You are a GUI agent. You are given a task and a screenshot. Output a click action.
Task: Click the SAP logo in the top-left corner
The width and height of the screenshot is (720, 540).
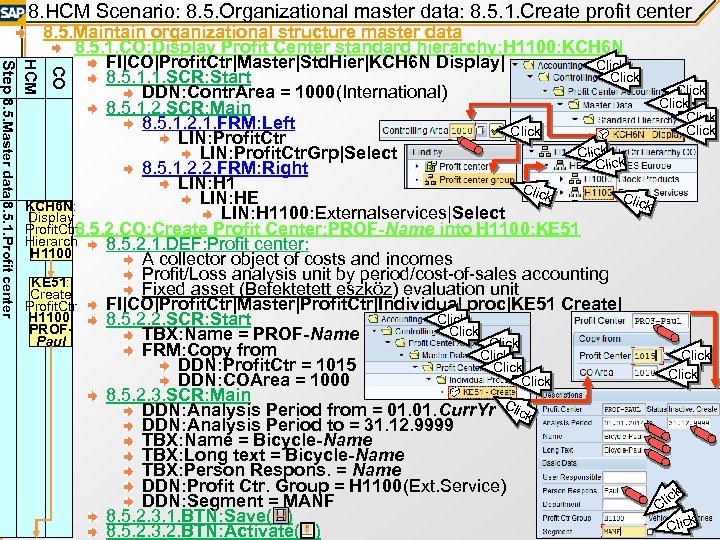[13, 11]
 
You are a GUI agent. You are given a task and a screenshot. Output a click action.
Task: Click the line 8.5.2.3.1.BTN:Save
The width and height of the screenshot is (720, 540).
[199, 515]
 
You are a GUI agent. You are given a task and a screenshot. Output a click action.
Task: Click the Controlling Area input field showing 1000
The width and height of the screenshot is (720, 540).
[461, 131]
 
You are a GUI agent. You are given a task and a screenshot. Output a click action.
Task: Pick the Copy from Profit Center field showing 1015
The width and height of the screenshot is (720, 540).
[643, 355]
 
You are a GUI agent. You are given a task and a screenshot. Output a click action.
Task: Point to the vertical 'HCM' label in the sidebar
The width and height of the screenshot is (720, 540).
[32, 76]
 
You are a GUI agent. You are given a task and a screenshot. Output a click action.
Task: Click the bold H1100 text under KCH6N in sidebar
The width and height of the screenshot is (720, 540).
[50, 254]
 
